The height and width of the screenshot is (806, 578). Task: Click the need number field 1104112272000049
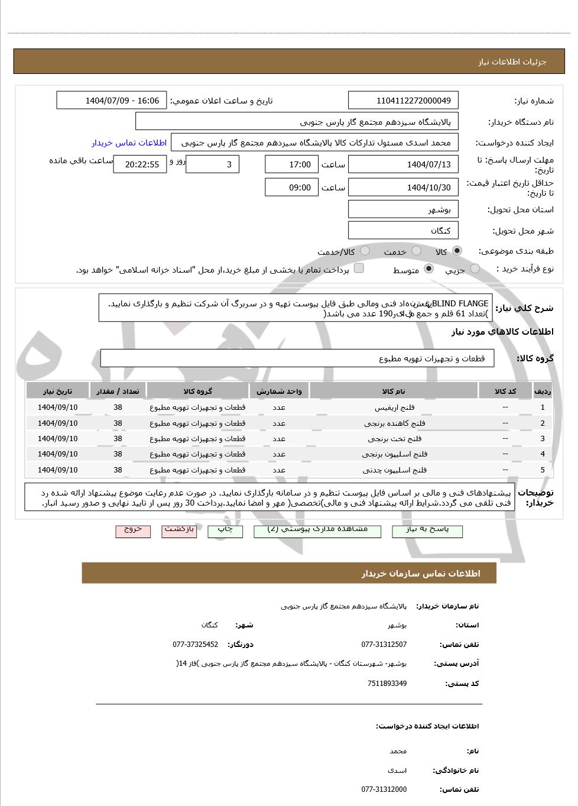[x=403, y=101]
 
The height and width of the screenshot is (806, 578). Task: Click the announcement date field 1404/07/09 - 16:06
[x=112, y=101]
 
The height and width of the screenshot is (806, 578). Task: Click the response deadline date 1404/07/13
[x=403, y=164]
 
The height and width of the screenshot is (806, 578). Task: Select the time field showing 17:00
[x=291, y=164]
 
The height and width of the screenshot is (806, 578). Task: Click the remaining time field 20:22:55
[x=140, y=164]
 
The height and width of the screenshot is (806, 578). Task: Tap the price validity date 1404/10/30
[x=403, y=187]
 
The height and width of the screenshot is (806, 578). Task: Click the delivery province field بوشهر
[x=403, y=209]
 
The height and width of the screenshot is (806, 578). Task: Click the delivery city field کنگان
[x=403, y=231]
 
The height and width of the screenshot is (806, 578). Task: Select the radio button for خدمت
[x=417, y=251]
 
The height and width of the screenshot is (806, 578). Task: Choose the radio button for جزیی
[x=475, y=269]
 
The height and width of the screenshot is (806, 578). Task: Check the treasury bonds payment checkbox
[x=359, y=268]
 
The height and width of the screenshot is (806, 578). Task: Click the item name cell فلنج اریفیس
[x=394, y=407]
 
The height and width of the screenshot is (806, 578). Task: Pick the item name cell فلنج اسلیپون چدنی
[x=394, y=470]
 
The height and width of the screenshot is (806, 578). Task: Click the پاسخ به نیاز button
[x=427, y=530]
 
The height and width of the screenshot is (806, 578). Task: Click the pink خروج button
[x=133, y=530]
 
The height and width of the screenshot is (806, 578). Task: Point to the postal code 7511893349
[x=387, y=684]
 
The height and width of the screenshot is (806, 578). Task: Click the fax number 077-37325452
[x=195, y=645]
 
